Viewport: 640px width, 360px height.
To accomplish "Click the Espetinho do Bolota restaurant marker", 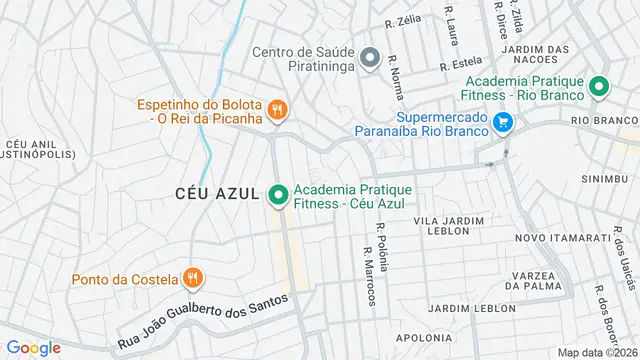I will pyautogui.click(x=278, y=109).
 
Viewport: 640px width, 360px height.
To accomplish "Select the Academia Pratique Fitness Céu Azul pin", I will pyautogui.click(x=278, y=193).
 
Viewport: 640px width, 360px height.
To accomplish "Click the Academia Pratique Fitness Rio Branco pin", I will pyautogui.click(x=599, y=87).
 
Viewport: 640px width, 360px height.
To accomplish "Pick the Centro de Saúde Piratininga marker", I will pyautogui.click(x=371, y=57).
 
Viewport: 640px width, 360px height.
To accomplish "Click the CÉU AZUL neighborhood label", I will pyautogui.click(x=217, y=192).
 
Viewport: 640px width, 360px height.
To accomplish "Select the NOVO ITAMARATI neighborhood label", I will pyautogui.click(x=562, y=238).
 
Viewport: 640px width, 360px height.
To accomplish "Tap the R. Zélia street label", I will pyautogui.click(x=403, y=21).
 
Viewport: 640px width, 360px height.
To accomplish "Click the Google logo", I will pyautogui.click(x=33, y=347).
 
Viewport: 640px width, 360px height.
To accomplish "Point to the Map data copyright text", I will pyautogui.click(x=598, y=352).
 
